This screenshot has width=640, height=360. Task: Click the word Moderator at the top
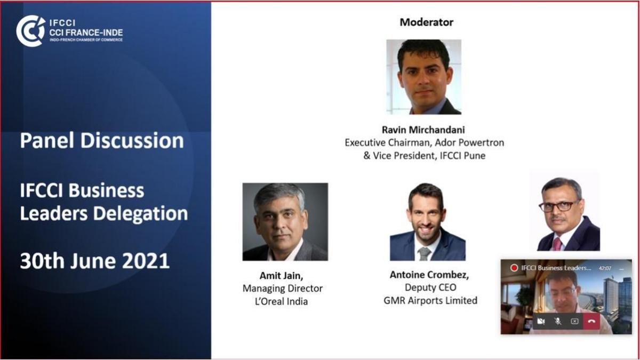426,22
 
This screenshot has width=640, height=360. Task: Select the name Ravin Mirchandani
423,130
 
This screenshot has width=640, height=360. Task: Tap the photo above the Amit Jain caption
285,222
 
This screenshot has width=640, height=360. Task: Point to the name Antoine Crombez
429,275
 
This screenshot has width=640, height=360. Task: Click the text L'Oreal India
282,301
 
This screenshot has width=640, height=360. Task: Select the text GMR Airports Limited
430,301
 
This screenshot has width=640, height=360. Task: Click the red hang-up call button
591,322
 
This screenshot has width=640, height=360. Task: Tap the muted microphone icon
557,322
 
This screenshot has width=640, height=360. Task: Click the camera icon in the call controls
541,322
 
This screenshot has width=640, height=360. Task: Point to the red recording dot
514,268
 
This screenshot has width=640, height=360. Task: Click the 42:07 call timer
605,268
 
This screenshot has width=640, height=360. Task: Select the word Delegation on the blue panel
140,214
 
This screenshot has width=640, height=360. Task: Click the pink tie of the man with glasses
557,244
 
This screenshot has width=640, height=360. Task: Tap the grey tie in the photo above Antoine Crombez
425,254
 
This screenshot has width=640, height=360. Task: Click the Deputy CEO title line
430,287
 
